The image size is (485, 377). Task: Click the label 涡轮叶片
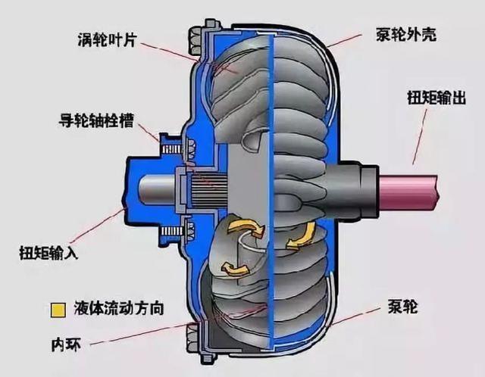[108, 40]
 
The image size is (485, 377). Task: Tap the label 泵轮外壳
[406, 34]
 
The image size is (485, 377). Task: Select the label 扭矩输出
[436, 97]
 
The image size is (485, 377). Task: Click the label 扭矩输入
[48, 252]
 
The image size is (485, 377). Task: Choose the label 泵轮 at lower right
[402, 307]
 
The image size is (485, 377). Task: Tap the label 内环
[66, 344]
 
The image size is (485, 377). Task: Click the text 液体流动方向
[119, 308]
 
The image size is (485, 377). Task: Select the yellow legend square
[58, 310]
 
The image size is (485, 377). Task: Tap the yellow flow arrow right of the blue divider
[300, 237]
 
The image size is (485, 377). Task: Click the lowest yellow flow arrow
[235, 269]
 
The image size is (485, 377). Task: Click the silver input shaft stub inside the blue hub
[157, 189]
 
